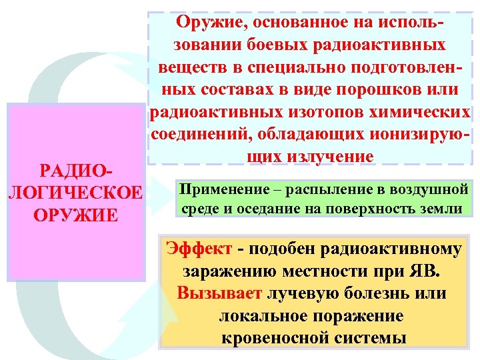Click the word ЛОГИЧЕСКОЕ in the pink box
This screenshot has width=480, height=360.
(x=75, y=193)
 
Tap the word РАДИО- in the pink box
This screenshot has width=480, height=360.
(x=75, y=171)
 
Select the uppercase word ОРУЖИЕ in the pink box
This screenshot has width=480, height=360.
(x=75, y=215)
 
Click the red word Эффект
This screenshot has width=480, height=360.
(x=199, y=249)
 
